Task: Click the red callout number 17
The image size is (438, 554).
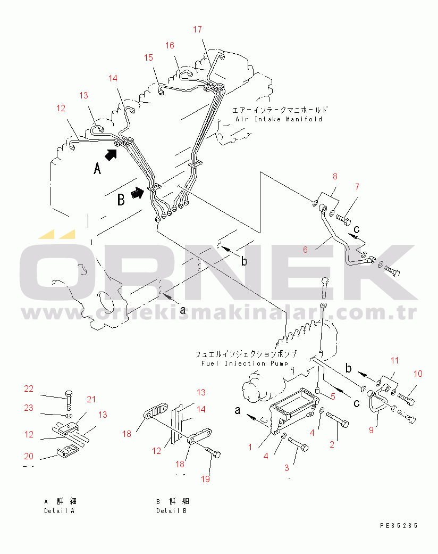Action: pos(197,29)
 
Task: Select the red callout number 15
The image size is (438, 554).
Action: pos(149,57)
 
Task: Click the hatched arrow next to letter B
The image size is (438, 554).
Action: pos(137,193)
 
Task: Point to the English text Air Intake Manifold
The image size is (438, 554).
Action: pos(279,119)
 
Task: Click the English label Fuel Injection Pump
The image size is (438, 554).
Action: pos(245,363)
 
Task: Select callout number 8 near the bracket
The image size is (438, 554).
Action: pos(335,176)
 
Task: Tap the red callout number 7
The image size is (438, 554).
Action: pos(357,187)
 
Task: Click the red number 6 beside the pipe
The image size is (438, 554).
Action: pos(305,250)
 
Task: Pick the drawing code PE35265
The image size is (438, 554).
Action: pos(399,526)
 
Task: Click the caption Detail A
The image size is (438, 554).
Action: pos(60,511)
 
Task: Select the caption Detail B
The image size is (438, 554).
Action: pos(172,511)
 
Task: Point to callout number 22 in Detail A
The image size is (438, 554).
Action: pos(29,388)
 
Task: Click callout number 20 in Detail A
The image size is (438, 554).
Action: pos(29,456)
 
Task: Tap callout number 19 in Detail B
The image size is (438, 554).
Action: pos(205,479)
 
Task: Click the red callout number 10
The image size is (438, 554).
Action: pos(418,374)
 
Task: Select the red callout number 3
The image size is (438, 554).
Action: pos(287,468)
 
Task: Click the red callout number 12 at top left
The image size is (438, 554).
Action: pos(61,108)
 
